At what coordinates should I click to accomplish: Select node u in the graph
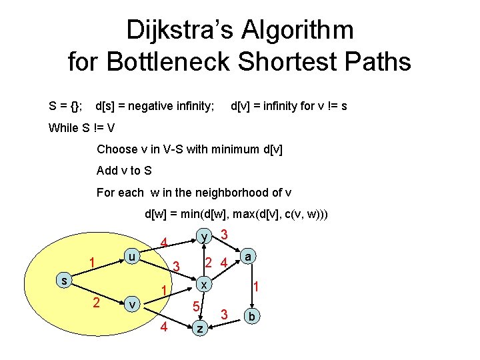tap(133, 257)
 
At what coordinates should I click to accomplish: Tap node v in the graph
tap(133, 303)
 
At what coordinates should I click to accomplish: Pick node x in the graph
tap(206, 283)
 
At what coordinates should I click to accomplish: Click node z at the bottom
tap(199, 328)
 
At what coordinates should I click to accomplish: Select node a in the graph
tap(248, 257)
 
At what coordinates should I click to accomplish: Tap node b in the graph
tap(253, 315)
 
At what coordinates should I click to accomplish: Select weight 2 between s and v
tap(97, 303)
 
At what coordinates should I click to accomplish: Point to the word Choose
tap(117, 149)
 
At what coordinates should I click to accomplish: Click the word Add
tap(107, 171)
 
